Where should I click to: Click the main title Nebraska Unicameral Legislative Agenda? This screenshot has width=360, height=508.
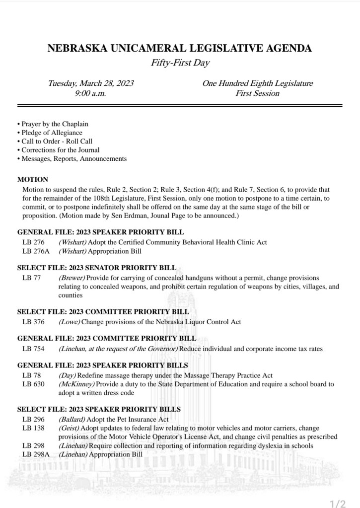coord(180,49)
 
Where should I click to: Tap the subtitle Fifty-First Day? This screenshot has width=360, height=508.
coord(180,63)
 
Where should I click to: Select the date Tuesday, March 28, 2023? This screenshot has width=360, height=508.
coord(90,83)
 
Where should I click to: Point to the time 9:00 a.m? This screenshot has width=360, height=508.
coord(90,93)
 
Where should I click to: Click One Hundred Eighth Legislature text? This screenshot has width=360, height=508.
coord(257,83)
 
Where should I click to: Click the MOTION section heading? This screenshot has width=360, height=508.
coord(33,179)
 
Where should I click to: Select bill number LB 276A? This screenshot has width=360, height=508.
coord(35,251)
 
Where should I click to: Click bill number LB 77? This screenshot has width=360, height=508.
coord(31,278)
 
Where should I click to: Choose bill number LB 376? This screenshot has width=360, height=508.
coord(33,322)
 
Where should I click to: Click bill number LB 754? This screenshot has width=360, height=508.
coord(33,349)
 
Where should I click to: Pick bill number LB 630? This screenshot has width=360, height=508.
coord(33,384)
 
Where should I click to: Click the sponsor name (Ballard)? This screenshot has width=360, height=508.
coord(72,419)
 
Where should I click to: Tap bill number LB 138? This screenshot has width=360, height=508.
coord(33,428)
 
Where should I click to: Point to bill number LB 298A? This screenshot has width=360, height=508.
coord(35,454)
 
